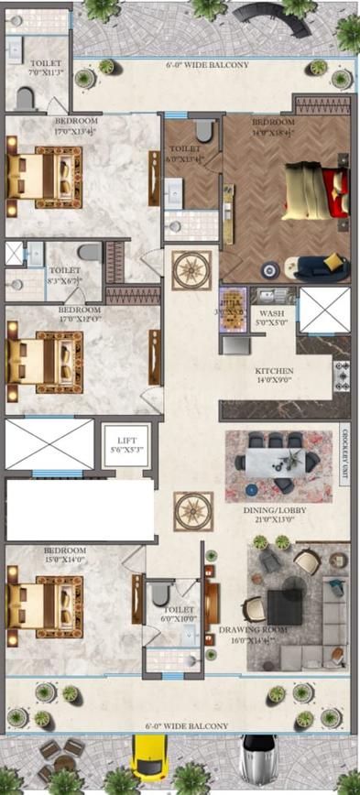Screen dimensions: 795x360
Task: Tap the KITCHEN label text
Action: [x=274, y=371]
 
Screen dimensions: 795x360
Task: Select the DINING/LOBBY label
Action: [x=274, y=509]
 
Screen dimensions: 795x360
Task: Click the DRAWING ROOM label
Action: [x=253, y=630]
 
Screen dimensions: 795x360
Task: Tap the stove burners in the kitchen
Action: [x=343, y=375]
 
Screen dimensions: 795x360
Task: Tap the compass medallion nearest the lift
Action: [x=193, y=511]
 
